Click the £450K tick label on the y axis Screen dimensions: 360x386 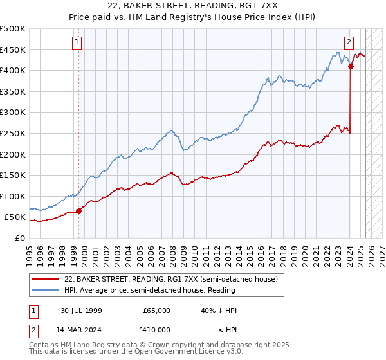(13, 50)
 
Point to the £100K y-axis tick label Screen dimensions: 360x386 (13, 196)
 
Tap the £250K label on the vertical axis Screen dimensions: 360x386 (13, 134)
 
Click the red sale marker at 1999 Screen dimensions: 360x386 (79, 211)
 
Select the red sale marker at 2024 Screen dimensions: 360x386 (351, 66)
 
